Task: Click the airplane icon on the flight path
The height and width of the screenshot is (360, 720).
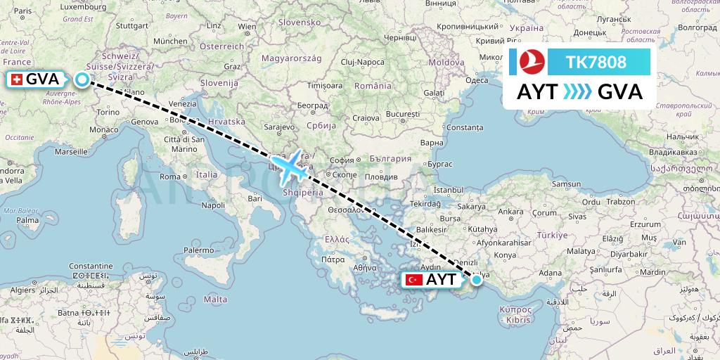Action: (289, 166)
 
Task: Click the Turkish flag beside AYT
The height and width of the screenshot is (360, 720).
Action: (414, 280)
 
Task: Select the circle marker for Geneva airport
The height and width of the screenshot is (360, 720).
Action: (82, 79)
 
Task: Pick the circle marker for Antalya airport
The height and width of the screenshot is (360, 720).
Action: (477, 280)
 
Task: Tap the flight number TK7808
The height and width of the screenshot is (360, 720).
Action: (597, 63)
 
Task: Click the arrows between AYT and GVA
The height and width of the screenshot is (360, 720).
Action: (577, 92)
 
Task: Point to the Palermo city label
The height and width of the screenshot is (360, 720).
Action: (198, 250)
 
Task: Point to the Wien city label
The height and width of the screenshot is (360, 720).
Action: (246, 27)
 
